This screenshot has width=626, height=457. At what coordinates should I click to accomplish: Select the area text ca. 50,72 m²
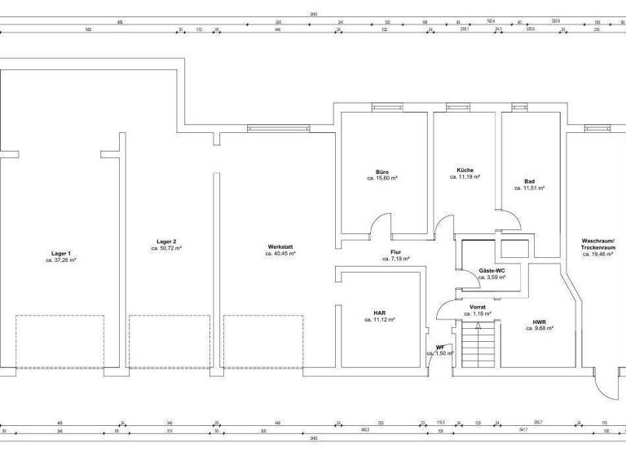165,247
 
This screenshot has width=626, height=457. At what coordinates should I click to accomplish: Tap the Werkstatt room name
280,246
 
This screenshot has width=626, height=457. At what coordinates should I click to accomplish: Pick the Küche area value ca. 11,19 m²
465,176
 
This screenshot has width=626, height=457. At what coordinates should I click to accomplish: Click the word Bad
529,181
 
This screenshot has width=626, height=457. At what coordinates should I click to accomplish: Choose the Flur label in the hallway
395,252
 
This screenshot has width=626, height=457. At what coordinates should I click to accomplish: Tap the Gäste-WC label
492,270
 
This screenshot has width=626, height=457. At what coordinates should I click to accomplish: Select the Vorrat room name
478,307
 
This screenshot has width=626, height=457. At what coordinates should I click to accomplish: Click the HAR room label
380,313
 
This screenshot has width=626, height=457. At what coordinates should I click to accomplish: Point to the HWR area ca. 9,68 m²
540,328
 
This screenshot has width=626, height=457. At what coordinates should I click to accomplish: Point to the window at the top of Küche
458,107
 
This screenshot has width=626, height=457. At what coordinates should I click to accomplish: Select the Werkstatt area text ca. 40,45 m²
280,254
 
